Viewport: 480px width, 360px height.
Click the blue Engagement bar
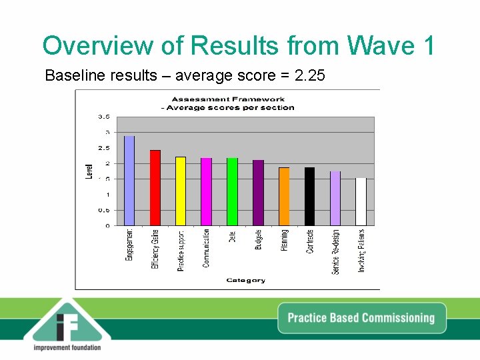pos(129,181)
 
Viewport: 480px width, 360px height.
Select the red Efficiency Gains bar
pos(155,188)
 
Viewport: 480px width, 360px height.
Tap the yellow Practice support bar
pos(181,191)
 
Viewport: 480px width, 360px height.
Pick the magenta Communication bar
pos(206,192)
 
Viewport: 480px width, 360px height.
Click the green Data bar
pos(232,192)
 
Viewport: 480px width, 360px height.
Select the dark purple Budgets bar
pos(258,193)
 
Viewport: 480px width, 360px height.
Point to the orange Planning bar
pos(284,197)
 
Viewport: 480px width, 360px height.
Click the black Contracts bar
pos(309,197)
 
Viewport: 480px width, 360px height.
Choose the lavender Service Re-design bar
pos(335,199)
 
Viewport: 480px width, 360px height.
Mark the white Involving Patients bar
pos(361,202)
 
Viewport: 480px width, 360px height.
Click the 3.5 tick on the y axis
pos(103,117)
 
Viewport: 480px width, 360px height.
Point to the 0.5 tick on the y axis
pos(103,210)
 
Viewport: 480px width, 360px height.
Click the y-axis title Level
pos(89,171)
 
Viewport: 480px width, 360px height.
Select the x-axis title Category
pos(246,281)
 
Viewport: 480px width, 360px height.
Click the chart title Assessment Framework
pos(228,99)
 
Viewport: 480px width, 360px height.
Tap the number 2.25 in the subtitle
pos(309,75)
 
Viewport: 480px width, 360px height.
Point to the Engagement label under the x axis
pos(130,245)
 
